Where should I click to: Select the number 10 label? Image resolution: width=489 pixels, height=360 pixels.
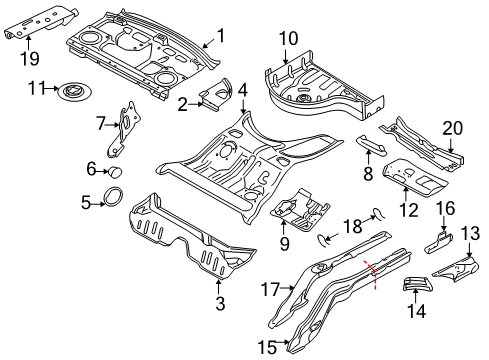click(x=288, y=39)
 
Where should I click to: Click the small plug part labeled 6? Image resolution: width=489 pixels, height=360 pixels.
click(x=114, y=171)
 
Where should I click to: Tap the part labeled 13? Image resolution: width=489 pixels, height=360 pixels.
click(x=460, y=267)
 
